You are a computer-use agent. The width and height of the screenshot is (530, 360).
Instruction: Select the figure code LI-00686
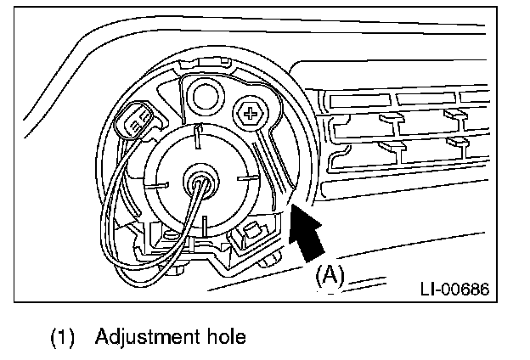coord(454,289)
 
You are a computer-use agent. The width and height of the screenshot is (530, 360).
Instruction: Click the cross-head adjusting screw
coord(251,111)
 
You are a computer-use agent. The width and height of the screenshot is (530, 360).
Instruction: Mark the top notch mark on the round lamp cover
coord(197,136)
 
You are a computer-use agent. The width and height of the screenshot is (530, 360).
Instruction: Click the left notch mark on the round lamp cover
coord(159,182)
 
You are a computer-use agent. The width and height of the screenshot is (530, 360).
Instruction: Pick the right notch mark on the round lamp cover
coord(247,179)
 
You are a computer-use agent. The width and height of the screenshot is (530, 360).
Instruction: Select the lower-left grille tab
coord(392,147)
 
